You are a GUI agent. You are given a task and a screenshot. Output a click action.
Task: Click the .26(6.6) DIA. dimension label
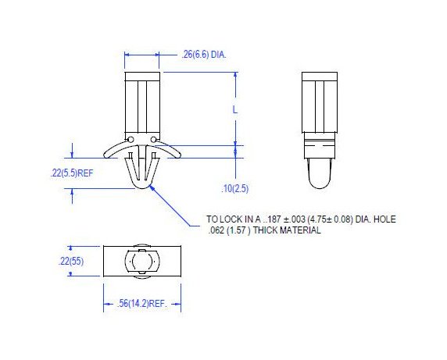pyautogui.click(x=204, y=55)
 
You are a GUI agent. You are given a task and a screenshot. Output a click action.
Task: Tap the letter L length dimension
pyautogui.click(x=234, y=109)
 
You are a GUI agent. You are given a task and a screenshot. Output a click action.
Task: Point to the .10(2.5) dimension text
pyautogui.click(x=236, y=189)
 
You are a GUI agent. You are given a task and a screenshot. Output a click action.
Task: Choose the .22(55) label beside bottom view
pyautogui.click(x=71, y=261)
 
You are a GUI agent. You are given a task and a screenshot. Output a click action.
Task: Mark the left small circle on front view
pyautogui.click(x=131, y=141)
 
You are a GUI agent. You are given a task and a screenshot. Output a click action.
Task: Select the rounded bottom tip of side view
pyautogui.click(x=319, y=185)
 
